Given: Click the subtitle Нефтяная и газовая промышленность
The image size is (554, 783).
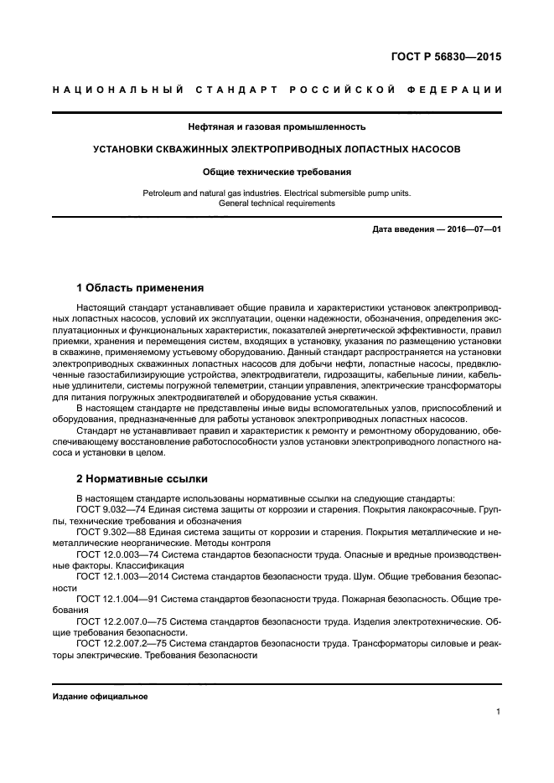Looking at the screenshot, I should [x=277, y=127].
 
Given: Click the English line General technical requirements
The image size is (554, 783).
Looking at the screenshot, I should [x=277, y=203].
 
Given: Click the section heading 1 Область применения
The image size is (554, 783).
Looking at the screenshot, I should [x=140, y=288].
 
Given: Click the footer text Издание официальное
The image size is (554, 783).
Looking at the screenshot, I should [x=100, y=697].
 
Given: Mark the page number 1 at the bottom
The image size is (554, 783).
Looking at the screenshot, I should [x=498, y=713].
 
